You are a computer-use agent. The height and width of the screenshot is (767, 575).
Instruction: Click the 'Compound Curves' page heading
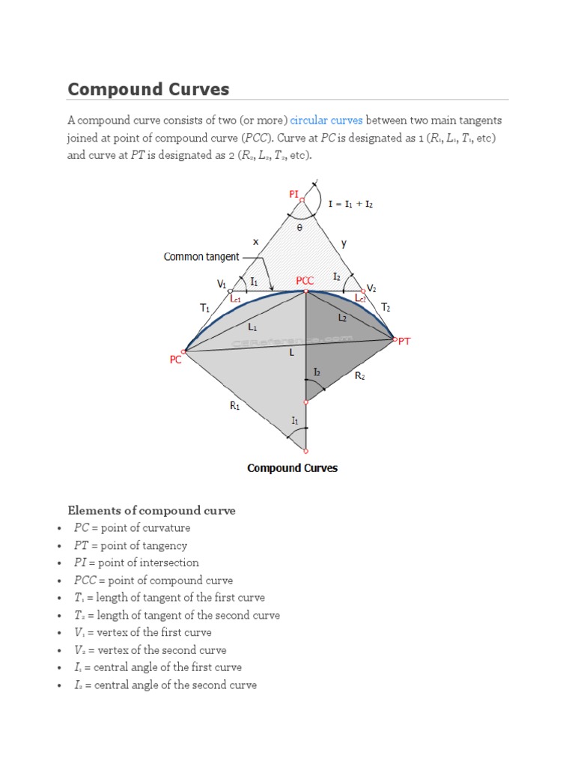click(148, 90)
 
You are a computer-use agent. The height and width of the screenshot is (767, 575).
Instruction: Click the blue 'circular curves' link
click(326, 120)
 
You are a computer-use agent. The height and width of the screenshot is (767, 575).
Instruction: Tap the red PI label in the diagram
click(293, 194)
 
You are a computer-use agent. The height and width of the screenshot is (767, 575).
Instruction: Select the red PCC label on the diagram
click(305, 281)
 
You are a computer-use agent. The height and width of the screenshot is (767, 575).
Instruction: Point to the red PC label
click(176, 360)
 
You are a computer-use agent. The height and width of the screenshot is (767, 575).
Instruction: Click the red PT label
click(404, 341)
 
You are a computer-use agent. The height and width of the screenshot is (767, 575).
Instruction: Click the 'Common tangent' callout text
click(201, 257)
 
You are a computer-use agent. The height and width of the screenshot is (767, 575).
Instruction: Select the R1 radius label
click(235, 406)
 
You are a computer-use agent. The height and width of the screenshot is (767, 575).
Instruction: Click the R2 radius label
click(359, 377)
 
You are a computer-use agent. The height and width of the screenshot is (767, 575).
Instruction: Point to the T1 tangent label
click(204, 307)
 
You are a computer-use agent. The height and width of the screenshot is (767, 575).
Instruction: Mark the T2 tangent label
click(386, 307)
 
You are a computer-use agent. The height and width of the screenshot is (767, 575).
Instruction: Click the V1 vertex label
click(222, 284)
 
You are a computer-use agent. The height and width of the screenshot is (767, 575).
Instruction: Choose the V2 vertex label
click(371, 288)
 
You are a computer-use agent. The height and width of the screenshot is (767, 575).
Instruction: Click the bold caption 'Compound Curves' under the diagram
click(292, 468)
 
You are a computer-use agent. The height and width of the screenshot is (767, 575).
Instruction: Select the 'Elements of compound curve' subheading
click(152, 511)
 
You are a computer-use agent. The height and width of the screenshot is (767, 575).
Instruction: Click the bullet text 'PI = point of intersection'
click(136, 563)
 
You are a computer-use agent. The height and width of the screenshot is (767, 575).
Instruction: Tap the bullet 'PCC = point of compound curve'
click(153, 580)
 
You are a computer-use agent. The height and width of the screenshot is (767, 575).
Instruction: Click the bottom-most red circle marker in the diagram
click(305, 451)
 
